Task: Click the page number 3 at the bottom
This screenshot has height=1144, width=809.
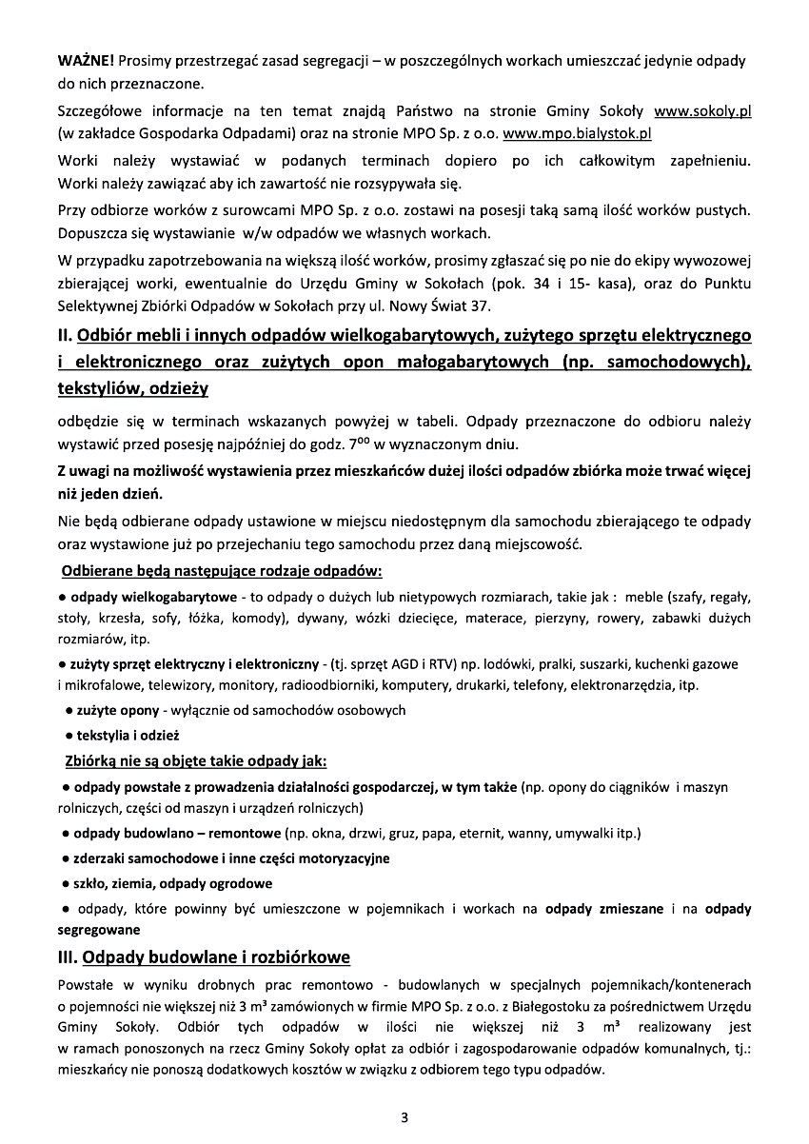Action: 404,1116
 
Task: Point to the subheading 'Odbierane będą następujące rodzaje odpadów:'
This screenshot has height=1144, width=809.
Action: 222,572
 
